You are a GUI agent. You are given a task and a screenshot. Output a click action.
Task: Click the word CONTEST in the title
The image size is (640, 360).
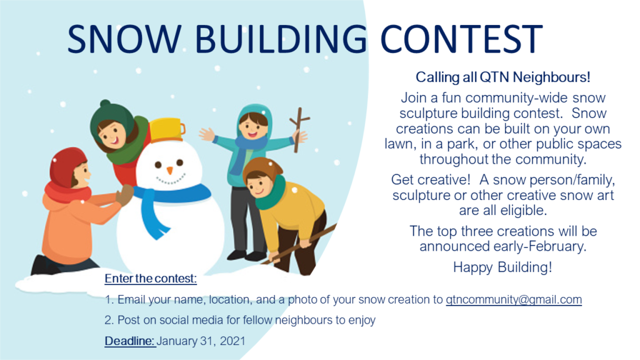(461, 39)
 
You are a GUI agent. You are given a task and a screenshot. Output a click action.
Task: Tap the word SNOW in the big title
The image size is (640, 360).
(124, 39)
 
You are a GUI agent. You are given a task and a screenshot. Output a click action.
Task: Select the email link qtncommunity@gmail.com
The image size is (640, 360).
(514, 299)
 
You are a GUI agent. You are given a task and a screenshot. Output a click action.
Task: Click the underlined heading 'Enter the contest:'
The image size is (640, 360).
(151, 278)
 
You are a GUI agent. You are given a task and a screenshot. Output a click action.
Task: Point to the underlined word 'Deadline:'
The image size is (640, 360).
(130, 341)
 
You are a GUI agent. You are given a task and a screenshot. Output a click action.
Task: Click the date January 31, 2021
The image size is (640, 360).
(201, 341)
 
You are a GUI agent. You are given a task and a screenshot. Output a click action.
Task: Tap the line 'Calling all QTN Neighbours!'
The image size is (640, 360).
(503, 77)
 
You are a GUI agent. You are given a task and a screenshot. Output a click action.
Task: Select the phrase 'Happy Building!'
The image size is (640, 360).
(502, 267)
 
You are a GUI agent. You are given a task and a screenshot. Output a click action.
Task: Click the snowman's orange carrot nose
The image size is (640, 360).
(170, 170)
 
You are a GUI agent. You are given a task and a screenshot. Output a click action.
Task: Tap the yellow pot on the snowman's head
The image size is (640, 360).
(167, 130)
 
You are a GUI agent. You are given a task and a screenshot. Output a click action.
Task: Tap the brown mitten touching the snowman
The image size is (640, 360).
(124, 195)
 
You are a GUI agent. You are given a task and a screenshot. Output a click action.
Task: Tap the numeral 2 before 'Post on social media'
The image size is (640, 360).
(107, 320)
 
